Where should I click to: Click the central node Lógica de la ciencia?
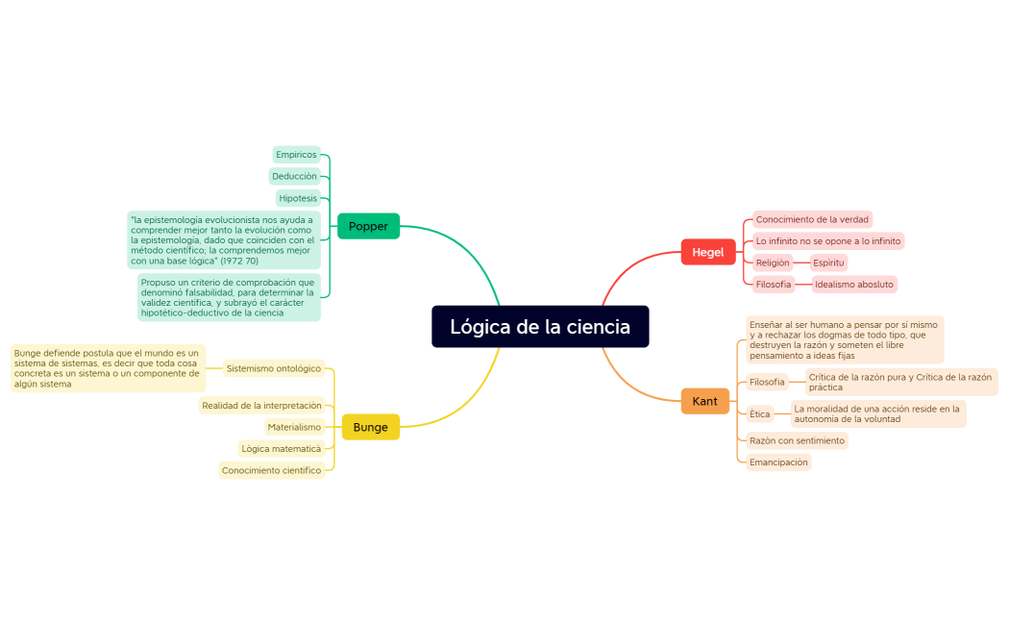(540, 327)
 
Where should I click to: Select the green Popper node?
(368, 227)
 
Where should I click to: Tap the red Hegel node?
(707, 252)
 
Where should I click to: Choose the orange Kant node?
(704, 401)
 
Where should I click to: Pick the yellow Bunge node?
(370, 427)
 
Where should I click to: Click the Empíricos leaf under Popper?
(296, 155)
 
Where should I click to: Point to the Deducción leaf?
(294, 176)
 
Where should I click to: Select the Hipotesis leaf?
(298, 198)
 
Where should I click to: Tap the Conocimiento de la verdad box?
(811, 219)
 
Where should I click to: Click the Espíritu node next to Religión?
(827, 262)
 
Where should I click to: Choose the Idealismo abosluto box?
(853, 284)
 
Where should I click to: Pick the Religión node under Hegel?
(772, 262)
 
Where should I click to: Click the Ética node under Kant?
(760, 414)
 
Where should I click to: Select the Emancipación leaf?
(778, 462)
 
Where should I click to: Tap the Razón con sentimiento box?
(797, 440)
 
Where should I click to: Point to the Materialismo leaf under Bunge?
(294, 427)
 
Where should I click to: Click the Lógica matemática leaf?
(281, 448)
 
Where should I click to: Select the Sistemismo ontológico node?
(273, 368)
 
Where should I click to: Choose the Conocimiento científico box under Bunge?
(271, 470)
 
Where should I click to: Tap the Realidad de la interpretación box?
(261, 406)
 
